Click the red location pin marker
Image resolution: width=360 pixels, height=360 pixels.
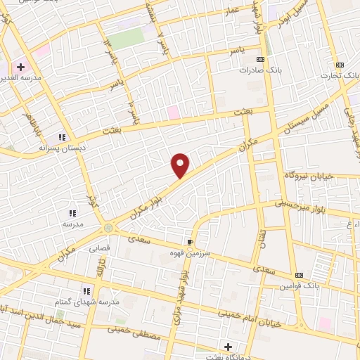tap(181, 165)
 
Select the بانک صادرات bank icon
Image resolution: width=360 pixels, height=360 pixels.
tap(261, 60)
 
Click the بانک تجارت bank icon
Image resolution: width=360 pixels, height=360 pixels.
tap(340, 65)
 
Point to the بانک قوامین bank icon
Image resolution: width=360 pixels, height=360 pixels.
tap(300, 274)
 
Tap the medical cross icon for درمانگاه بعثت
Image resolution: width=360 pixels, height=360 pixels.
tap(228, 347)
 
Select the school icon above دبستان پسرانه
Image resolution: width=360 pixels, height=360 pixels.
tap(62, 137)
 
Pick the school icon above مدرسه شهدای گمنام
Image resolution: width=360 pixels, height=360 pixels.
tap(86, 290)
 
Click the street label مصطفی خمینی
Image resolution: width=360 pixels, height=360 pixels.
tap(136, 330)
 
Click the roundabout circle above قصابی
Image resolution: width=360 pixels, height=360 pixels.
tap(108, 227)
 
